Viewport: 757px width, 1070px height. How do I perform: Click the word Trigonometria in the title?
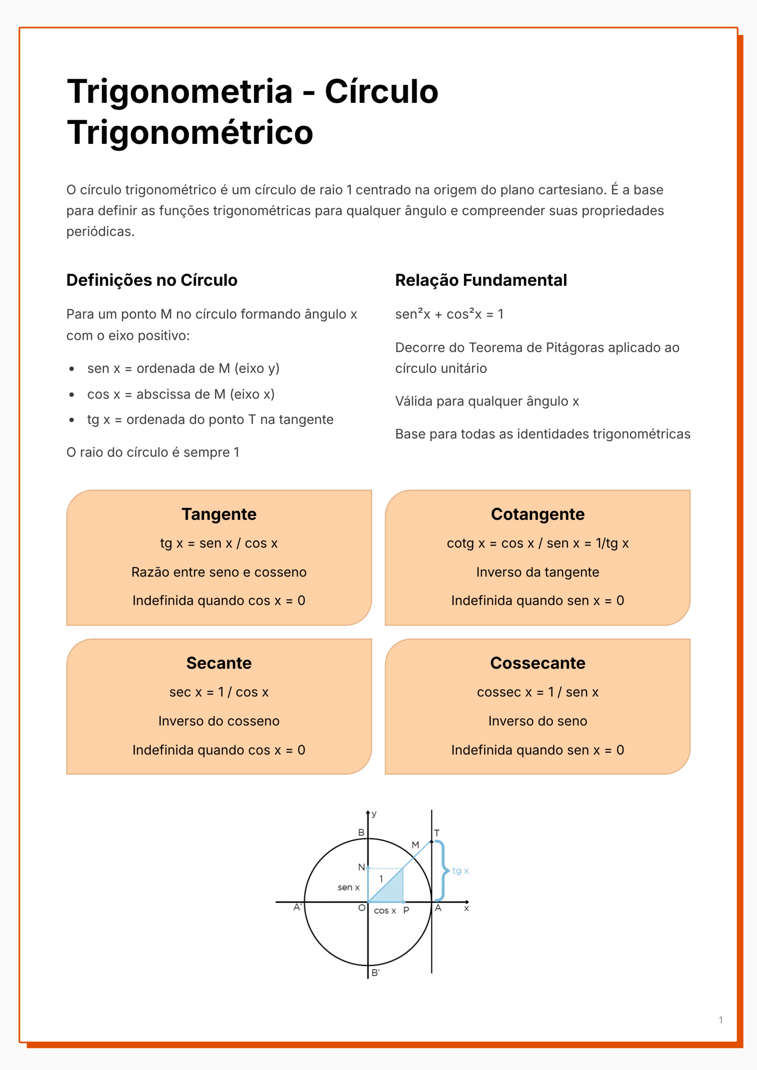click(x=179, y=92)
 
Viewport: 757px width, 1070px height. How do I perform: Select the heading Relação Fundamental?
click(x=481, y=280)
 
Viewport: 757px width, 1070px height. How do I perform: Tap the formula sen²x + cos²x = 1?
click(x=449, y=314)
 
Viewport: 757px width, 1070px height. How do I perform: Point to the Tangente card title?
click(x=219, y=514)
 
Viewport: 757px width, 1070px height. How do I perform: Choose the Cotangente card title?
click(x=538, y=514)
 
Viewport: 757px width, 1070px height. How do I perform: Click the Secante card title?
click(x=219, y=663)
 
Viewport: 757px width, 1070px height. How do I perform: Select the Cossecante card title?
click(x=538, y=663)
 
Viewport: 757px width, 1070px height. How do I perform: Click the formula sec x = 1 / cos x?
click(x=219, y=692)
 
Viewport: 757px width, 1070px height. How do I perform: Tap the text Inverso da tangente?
click(x=538, y=572)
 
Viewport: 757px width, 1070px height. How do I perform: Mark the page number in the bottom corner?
click(x=720, y=1020)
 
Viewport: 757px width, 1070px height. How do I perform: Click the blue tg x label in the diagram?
click(x=460, y=871)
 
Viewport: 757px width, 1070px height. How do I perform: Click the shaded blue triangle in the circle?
click(x=392, y=890)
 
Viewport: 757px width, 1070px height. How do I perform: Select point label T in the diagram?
click(x=437, y=833)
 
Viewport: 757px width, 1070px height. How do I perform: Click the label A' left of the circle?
click(x=297, y=907)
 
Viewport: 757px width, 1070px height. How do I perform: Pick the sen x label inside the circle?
click(x=348, y=887)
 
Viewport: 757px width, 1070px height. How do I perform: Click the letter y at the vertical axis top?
click(x=374, y=814)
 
